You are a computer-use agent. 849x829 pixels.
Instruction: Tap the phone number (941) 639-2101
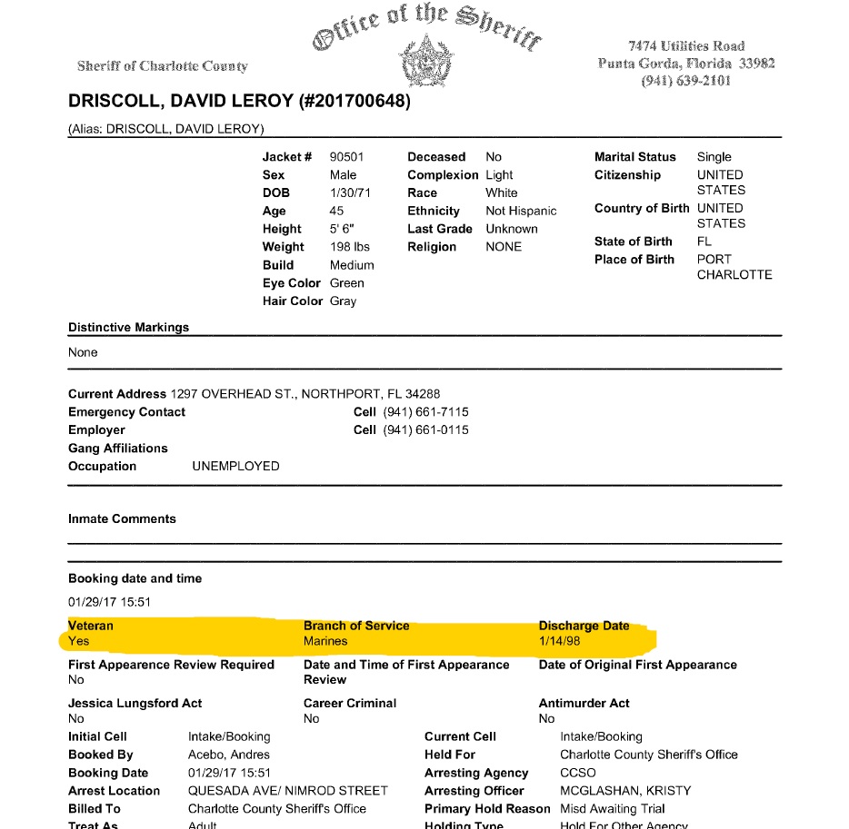[x=686, y=81]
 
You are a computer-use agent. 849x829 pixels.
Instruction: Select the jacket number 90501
[x=346, y=157]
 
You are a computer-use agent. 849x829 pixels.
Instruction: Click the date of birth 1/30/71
[x=350, y=193]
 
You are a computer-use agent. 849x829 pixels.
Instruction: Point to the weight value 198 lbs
[x=350, y=247]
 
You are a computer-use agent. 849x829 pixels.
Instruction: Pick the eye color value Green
[x=347, y=283]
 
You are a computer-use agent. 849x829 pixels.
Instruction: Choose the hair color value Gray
[x=344, y=301]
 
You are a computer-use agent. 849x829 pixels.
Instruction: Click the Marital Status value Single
[x=714, y=157]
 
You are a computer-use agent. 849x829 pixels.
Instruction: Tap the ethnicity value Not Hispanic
[x=521, y=212]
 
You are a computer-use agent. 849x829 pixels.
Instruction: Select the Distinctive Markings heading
[x=128, y=327]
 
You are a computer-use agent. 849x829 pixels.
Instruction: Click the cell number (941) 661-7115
[x=425, y=412]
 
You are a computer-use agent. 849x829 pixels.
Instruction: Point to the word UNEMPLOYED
[x=235, y=467]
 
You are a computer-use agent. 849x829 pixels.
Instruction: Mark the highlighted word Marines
[x=325, y=641]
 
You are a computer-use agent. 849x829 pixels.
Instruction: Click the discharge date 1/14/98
[x=560, y=641]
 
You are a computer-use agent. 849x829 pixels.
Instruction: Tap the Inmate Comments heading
[x=122, y=519]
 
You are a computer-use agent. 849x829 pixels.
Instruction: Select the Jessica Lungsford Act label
[x=135, y=703]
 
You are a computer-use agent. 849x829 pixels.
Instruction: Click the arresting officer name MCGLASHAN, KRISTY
[x=625, y=791]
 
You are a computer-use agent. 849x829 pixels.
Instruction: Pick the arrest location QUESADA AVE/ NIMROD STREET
[x=287, y=791]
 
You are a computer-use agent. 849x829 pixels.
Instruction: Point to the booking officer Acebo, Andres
[x=229, y=755]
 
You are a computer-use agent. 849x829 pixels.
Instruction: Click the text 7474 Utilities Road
[x=686, y=46]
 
